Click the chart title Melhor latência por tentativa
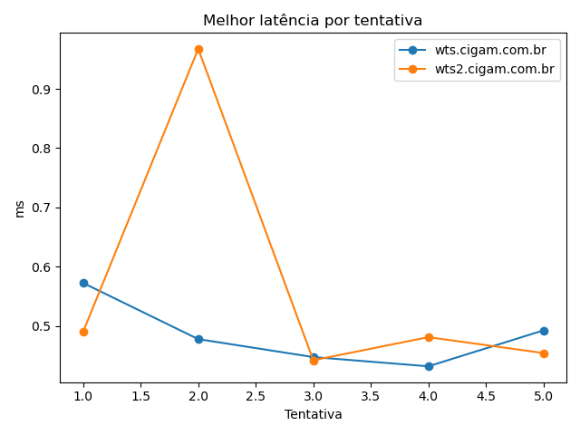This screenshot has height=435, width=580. tap(313, 20)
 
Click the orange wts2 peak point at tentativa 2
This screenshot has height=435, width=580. tap(198, 49)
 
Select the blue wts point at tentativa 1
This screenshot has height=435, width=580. tap(83, 283)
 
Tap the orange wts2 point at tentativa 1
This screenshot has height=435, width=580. tap(83, 332)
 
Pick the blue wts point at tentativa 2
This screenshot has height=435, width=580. tap(198, 339)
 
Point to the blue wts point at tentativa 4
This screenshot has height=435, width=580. tap(429, 366)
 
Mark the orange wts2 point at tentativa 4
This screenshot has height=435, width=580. tap(429, 337)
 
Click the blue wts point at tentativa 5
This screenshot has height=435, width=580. tap(544, 331)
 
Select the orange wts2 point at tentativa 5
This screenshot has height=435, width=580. tap(544, 353)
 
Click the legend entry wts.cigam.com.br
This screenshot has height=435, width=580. tap(490, 51)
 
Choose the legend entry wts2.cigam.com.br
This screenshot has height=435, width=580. tap(494, 69)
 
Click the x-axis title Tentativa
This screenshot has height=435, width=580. tap(314, 414)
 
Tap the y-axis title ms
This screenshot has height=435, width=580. tap(20, 208)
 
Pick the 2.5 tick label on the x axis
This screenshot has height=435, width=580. tap(256, 396)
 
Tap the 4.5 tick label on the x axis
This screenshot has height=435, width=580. tap(487, 396)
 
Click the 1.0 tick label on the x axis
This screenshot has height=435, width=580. tap(83, 396)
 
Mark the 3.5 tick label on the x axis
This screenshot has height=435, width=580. tap(372, 396)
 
